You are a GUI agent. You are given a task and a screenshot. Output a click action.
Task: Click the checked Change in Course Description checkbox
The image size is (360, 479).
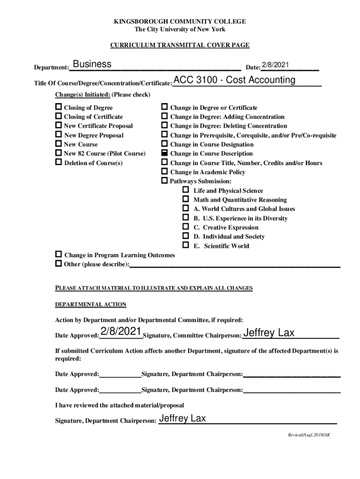coord(165,153)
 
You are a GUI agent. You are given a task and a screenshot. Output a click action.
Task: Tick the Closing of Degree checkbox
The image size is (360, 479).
coord(58,108)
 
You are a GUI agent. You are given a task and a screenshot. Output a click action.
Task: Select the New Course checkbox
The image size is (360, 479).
coord(58,144)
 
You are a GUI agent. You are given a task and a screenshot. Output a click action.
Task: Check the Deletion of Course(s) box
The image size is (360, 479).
coord(58,163)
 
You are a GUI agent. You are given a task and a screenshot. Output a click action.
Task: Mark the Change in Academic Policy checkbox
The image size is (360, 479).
coord(165,172)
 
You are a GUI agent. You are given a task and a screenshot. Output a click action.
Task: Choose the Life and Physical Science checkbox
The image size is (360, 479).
coord(186,190)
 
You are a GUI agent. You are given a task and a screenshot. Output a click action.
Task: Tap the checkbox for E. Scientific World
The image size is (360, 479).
coord(186,246)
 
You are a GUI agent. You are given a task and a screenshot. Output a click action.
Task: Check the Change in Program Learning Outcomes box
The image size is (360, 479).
coord(58,255)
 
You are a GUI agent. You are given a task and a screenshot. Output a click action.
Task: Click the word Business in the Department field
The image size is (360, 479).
coord(92,64)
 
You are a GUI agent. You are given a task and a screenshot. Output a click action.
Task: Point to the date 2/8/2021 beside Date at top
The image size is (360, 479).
coord(275,65)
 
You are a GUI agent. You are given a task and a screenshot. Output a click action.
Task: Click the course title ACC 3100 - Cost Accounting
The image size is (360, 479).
coord(234,80)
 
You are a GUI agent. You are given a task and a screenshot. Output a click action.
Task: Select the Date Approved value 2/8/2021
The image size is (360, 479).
coord(121,332)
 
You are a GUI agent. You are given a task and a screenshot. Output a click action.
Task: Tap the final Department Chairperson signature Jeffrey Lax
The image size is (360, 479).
coord(182,419)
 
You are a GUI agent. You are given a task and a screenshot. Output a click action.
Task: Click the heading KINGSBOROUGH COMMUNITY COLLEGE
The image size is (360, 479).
coord(180,22)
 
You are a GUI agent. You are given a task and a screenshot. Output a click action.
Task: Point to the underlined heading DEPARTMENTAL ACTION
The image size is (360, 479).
coord(91,305)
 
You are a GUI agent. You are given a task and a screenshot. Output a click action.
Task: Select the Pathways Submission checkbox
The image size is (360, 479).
coord(165,181)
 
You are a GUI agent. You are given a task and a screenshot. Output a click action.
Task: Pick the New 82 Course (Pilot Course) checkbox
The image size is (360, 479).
coord(58,153)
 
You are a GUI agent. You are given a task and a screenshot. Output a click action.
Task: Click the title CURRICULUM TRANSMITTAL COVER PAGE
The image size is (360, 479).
coord(180,45)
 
